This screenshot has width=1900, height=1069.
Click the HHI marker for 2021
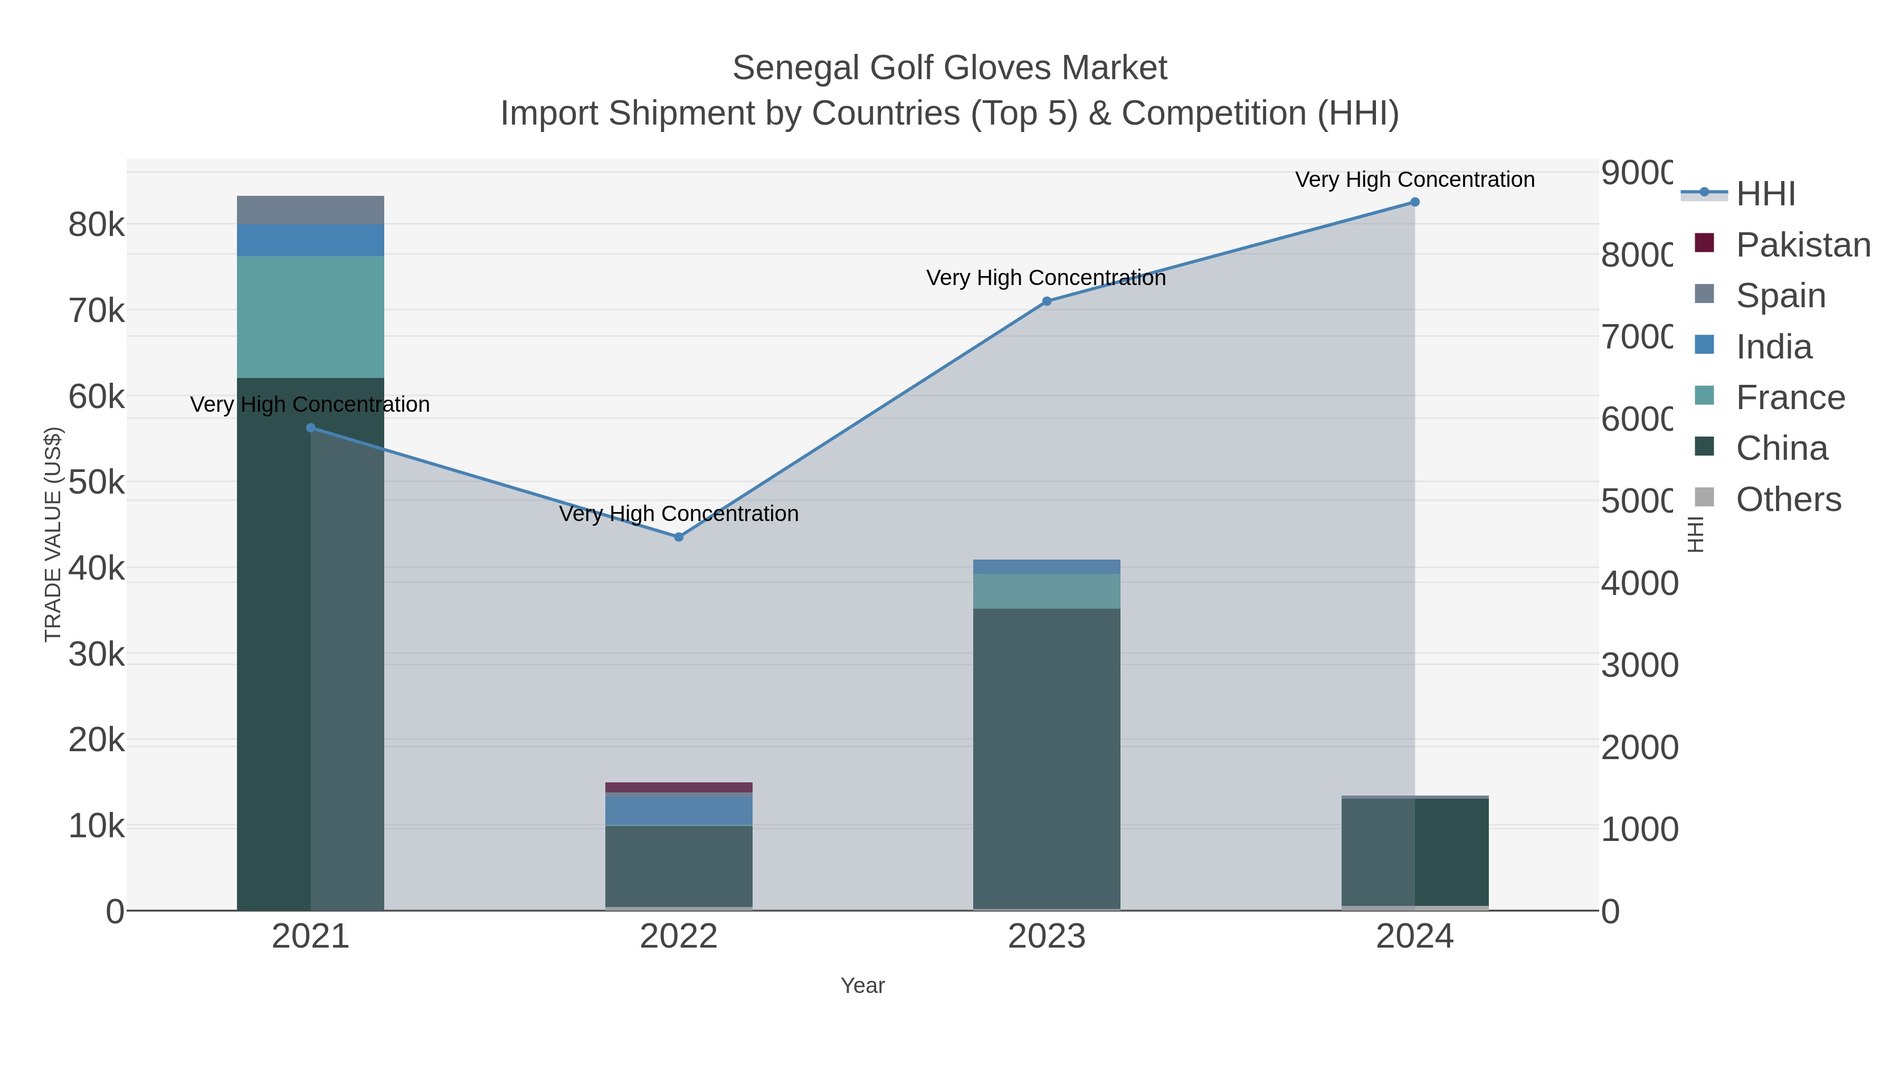[310, 428]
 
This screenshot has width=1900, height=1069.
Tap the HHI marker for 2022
[679, 537]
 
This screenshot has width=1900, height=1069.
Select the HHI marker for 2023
[1047, 301]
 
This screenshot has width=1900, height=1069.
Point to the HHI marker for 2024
[1414, 202]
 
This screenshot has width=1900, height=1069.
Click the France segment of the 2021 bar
[310, 317]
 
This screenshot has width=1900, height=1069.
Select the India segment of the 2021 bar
[310, 241]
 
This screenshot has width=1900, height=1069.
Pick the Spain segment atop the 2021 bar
[310, 210]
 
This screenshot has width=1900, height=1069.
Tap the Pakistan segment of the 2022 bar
[679, 787]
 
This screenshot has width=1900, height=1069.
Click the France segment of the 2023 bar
[1047, 591]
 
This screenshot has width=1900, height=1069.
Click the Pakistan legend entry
[1803, 245]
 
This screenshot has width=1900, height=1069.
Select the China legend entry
[1781, 449]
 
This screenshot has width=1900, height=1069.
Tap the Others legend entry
[1788, 499]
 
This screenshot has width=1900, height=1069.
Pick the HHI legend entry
[1765, 194]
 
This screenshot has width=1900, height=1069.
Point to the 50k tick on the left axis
[97, 483]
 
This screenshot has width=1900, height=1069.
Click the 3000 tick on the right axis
[1639, 666]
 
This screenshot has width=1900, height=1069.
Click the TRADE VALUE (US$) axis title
[53, 534]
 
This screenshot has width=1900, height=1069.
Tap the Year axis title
[862, 986]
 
